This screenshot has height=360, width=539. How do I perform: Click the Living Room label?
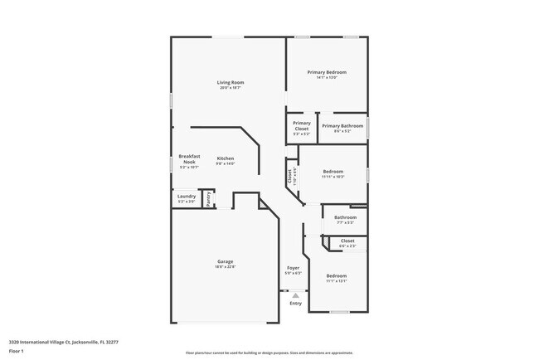click(231, 82)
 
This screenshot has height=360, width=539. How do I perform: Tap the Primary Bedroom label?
click(327, 72)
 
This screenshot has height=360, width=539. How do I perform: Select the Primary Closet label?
click(302, 125)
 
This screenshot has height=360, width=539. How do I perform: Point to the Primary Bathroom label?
click(342, 126)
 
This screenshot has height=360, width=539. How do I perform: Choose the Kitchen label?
click(226, 158)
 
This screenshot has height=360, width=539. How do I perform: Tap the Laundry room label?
click(187, 197)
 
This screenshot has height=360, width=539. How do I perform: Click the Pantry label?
click(208, 199)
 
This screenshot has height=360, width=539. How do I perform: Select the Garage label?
click(226, 261)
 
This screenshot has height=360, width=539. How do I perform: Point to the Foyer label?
click(294, 268)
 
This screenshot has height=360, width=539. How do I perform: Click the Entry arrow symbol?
click(295, 294)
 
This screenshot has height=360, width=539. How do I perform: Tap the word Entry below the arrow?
click(296, 303)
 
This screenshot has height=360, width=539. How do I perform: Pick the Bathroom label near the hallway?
click(345, 217)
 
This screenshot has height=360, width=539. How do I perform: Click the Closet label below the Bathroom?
click(347, 241)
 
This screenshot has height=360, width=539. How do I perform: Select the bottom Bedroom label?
click(336, 275)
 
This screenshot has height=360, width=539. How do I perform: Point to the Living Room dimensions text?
click(231, 88)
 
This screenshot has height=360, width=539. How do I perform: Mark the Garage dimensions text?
click(226, 267)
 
